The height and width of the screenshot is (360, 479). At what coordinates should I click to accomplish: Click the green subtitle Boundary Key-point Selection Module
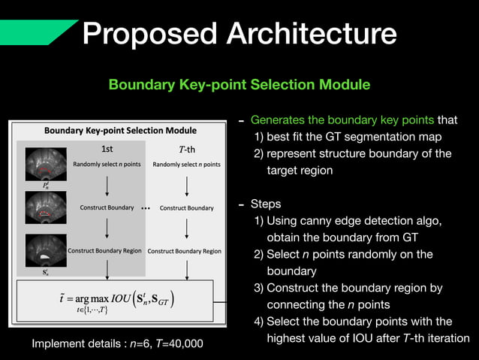pyautogui.click(x=239, y=85)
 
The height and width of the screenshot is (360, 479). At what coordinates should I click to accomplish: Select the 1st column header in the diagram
pyautogui.click(x=107, y=148)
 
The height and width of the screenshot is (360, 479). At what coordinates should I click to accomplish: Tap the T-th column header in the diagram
pyautogui.click(x=185, y=148)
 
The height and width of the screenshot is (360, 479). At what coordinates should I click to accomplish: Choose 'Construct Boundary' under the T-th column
pyautogui.click(x=187, y=207)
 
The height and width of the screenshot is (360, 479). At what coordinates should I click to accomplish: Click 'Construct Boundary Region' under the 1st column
pyautogui.click(x=104, y=251)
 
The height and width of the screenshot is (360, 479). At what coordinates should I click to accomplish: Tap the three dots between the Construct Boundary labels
pyautogui.click(x=146, y=207)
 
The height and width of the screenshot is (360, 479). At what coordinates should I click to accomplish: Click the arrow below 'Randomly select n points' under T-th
pyautogui.click(x=186, y=185)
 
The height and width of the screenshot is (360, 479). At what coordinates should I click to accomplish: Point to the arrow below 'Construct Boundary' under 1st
pyautogui.click(x=107, y=228)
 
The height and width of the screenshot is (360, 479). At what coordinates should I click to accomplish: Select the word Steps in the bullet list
pyautogui.click(x=266, y=204)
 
